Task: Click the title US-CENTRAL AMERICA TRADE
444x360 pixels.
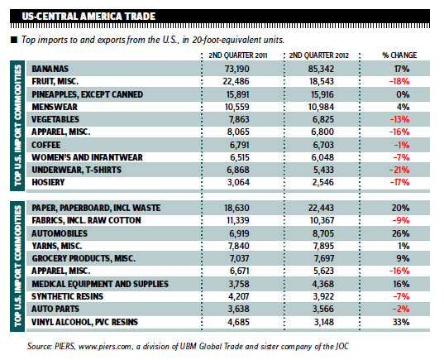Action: [88, 17]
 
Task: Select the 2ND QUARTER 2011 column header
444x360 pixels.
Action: [238, 55]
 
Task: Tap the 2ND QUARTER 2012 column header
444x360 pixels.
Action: [319, 55]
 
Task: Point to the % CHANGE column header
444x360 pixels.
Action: [399, 55]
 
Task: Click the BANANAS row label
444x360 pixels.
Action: [50, 69]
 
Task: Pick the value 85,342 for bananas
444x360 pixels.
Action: [321, 69]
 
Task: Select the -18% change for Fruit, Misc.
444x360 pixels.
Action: [399, 82]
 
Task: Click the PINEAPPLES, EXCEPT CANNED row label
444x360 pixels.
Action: [87, 94]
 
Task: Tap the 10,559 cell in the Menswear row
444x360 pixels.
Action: [237, 107]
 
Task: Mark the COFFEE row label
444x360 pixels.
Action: [45, 145]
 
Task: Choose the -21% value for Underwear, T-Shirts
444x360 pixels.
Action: [399, 170]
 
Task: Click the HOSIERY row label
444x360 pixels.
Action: [48, 182]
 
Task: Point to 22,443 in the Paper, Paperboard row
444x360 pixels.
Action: [321, 208]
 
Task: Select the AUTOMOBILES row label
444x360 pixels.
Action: [60, 233]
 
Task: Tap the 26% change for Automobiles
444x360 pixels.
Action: [401, 233]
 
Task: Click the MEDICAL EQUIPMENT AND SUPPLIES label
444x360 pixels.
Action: [100, 284]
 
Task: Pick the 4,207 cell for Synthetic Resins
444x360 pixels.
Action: [238, 296]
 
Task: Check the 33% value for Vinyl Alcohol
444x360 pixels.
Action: [401, 322]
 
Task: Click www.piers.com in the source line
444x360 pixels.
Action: [105, 347]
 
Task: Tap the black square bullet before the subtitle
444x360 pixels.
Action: [14, 40]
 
